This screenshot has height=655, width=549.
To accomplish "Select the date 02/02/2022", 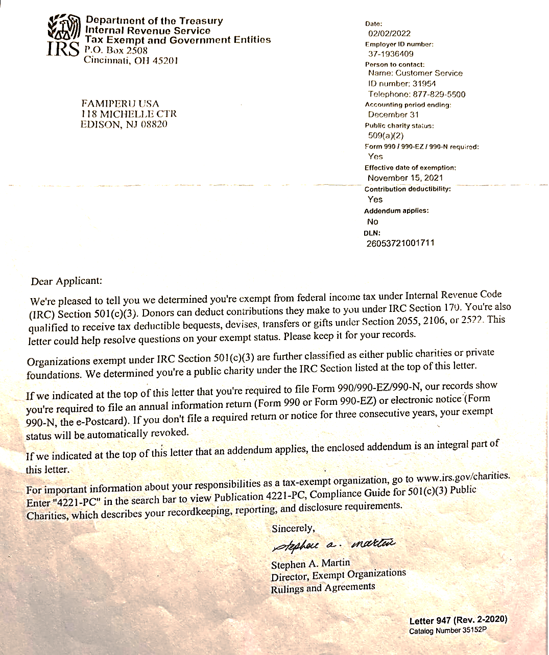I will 389,34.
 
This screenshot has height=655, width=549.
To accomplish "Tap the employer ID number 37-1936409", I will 391,54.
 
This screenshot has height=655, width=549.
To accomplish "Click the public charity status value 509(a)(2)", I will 386,136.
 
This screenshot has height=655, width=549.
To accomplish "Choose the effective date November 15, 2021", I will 405,178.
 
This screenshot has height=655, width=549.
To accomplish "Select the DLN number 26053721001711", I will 400,243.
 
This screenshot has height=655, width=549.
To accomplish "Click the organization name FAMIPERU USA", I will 120,104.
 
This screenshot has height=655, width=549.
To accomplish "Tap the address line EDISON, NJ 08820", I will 124,125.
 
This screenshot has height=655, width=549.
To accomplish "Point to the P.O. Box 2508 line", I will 116,50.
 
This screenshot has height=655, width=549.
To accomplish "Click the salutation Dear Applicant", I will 66,281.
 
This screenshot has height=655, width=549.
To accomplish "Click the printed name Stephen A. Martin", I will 311,564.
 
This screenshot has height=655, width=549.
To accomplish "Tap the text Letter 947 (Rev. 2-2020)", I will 458,620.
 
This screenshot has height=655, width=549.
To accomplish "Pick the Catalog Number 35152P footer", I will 448,630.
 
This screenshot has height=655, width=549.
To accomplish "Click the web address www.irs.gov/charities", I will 463,477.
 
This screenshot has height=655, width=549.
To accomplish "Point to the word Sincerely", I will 293,528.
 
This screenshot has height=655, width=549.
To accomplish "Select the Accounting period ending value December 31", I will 393,115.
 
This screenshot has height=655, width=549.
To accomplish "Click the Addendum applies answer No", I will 373,222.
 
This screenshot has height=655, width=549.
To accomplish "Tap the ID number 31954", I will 424,84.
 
